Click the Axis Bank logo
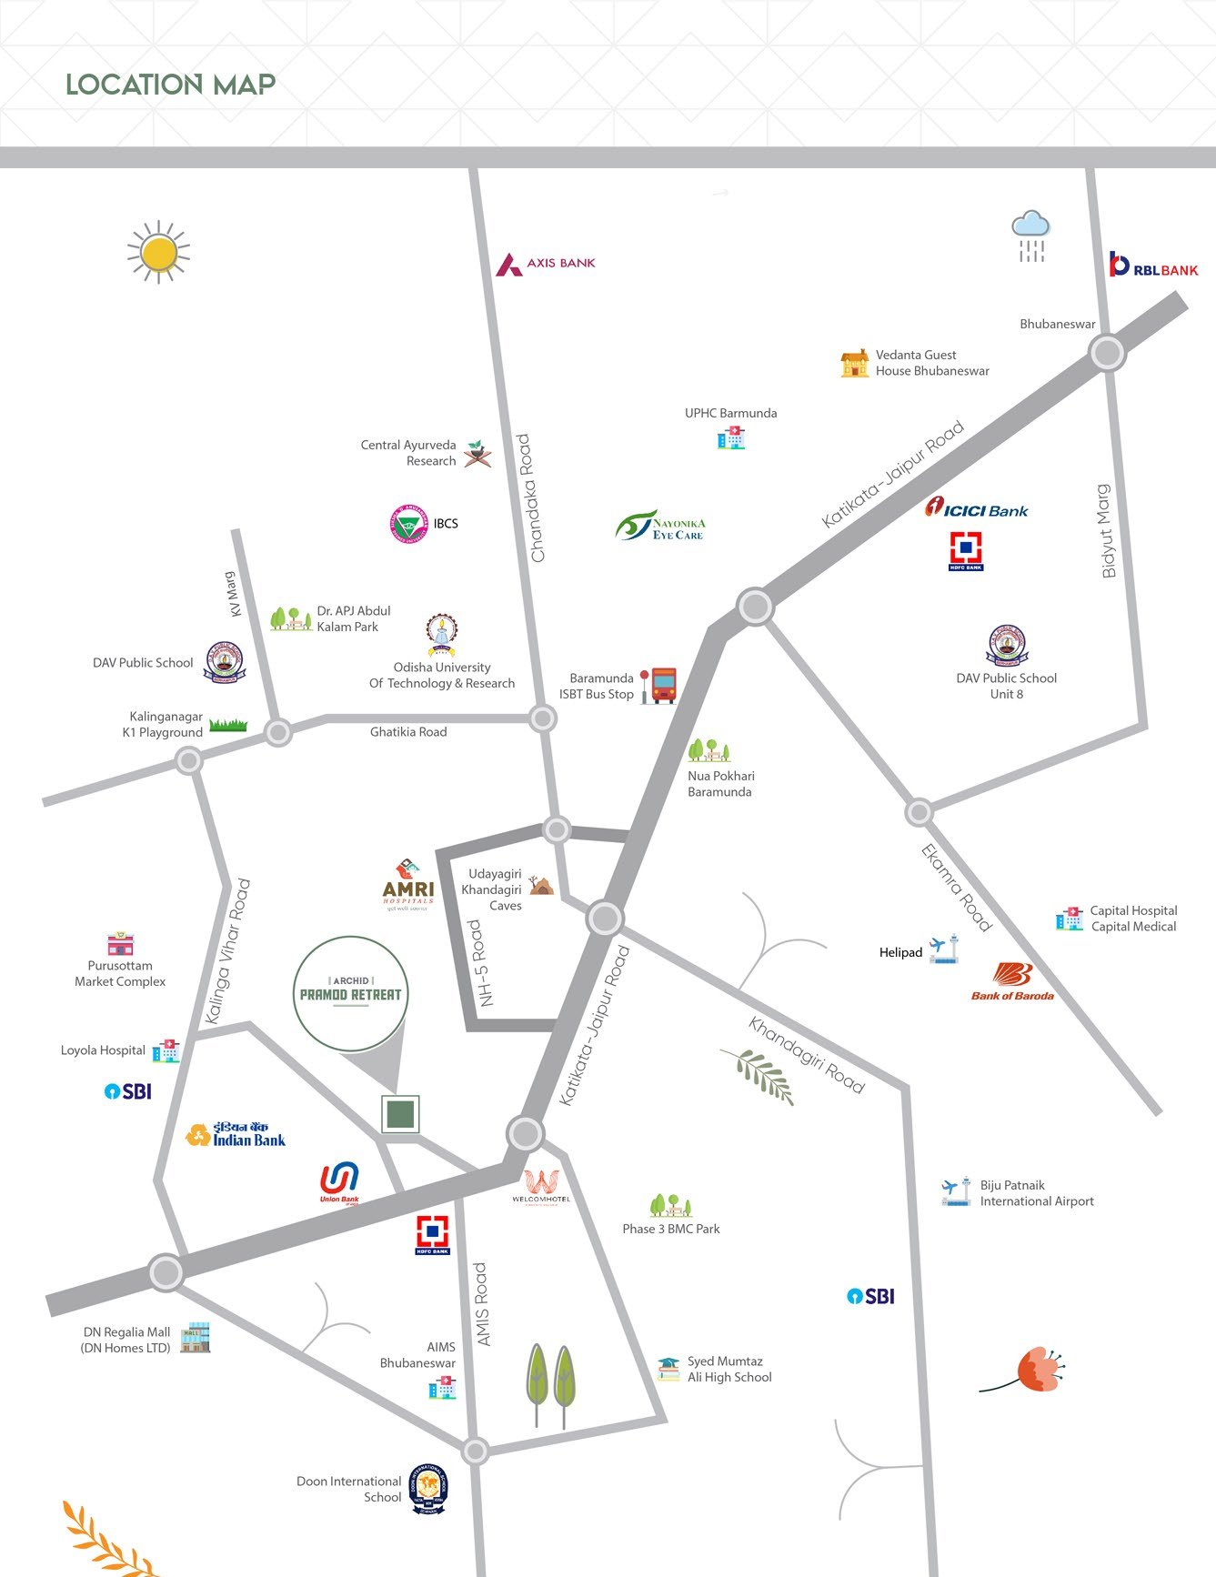click(546, 264)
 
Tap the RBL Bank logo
click(1153, 266)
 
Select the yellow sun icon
click(159, 252)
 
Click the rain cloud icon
click(1031, 236)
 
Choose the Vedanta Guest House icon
click(854, 363)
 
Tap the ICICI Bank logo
click(976, 509)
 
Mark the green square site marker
click(400, 1114)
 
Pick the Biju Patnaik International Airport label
click(1036, 1193)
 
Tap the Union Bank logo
click(339, 1182)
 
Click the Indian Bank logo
click(236, 1135)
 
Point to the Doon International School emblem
click(427, 1489)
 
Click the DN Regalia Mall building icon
click(196, 1338)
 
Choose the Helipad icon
click(944, 949)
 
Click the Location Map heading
click(170, 85)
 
